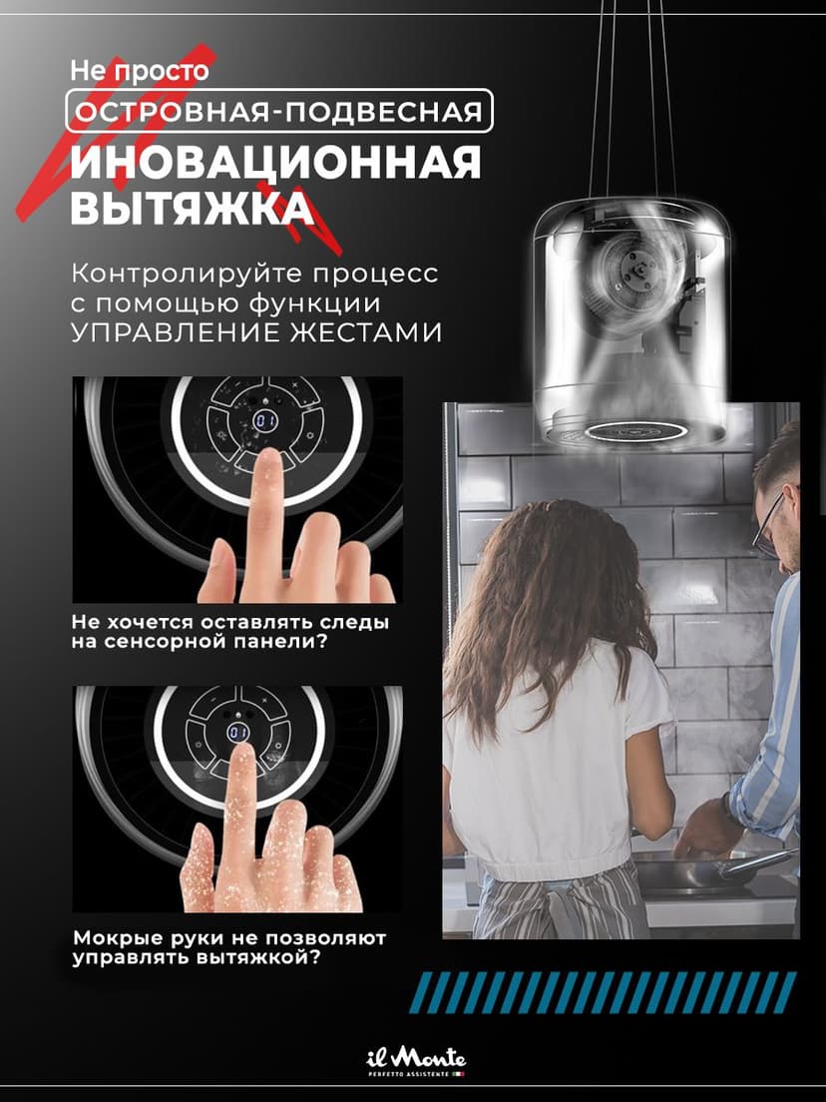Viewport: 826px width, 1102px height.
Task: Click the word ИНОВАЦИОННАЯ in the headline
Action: point(274,164)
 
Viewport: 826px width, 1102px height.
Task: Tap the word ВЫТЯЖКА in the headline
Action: point(191,210)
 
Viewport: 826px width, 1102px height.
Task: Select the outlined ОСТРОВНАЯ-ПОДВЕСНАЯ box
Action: point(280,111)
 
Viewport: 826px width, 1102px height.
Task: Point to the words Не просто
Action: point(140,72)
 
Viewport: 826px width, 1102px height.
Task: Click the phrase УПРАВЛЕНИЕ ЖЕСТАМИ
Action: point(256,332)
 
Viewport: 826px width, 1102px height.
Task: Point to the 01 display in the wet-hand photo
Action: point(238,734)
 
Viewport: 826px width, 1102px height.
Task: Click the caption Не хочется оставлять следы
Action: point(229,623)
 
